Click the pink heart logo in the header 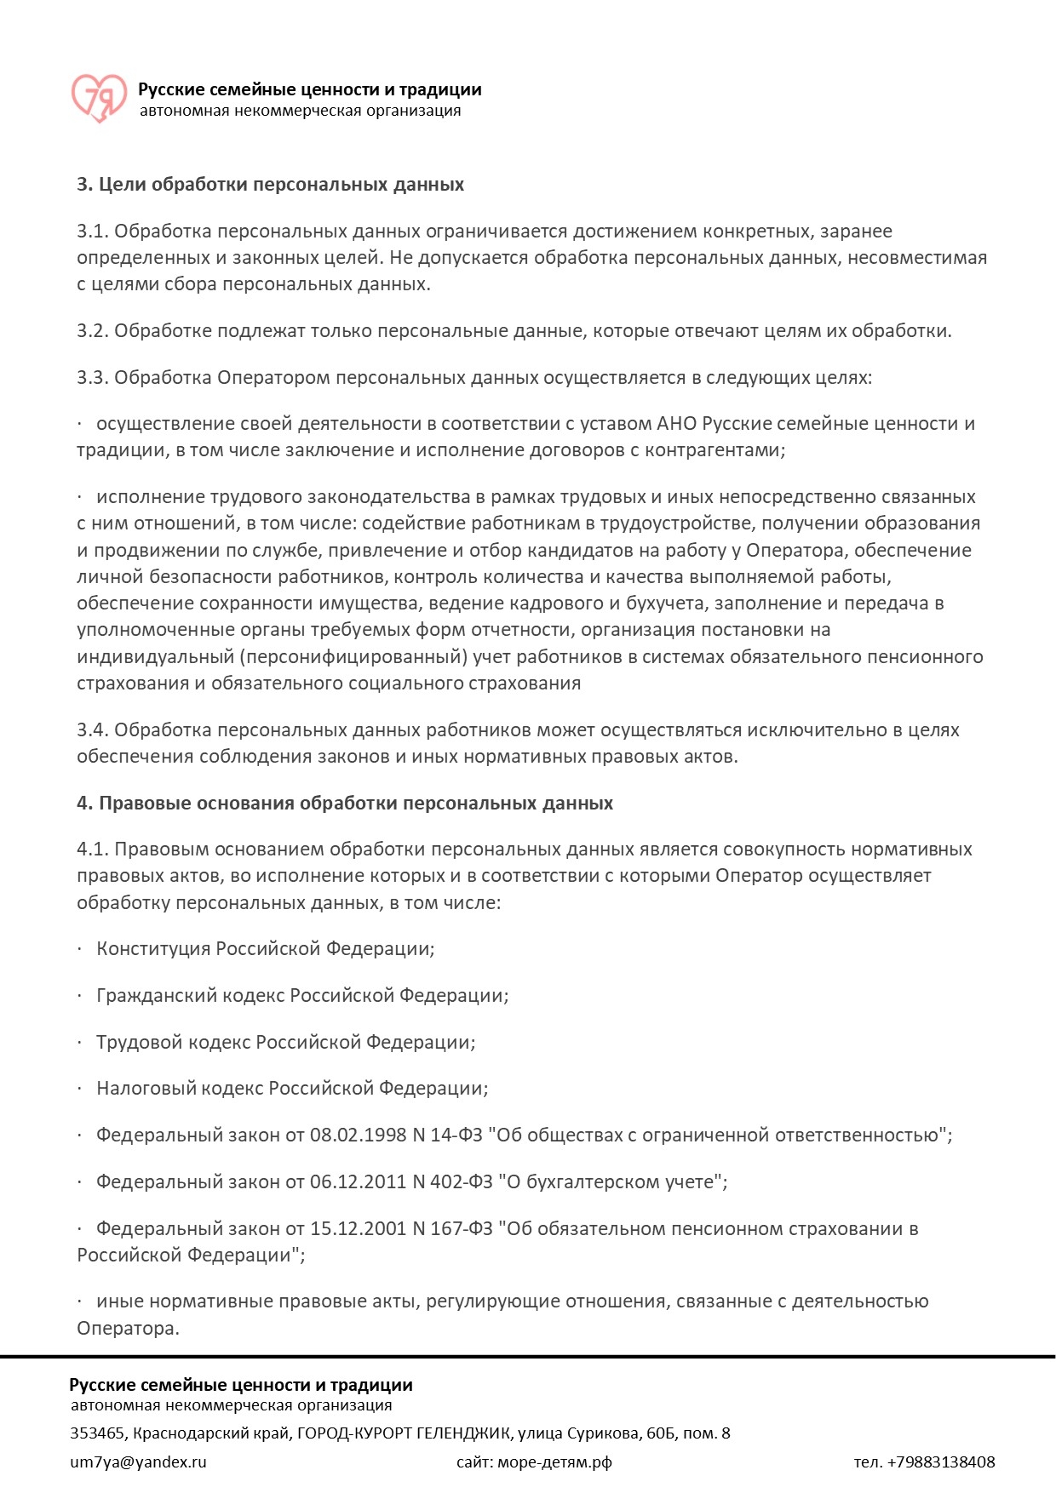click(98, 97)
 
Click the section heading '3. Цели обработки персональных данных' click(270, 185)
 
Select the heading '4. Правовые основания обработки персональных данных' click(344, 804)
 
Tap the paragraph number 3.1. click(92, 232)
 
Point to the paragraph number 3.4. click(92, 730)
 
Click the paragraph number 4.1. click(92, 849)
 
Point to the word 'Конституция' click(153, 949)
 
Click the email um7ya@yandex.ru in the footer click(138, 1462)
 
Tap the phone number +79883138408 click(940, 1462)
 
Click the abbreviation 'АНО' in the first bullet click(677, 424)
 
